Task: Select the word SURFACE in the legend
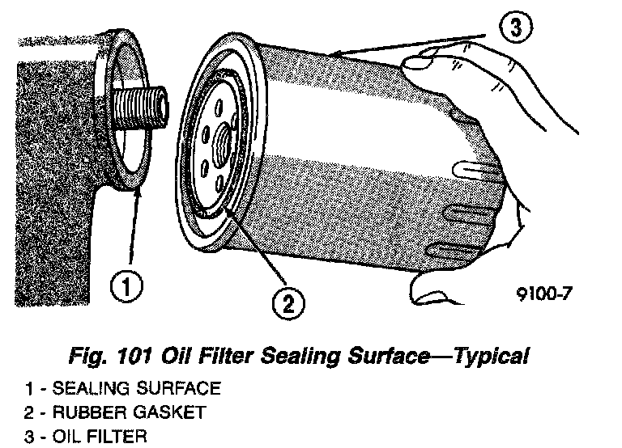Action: (x=179, y=390)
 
